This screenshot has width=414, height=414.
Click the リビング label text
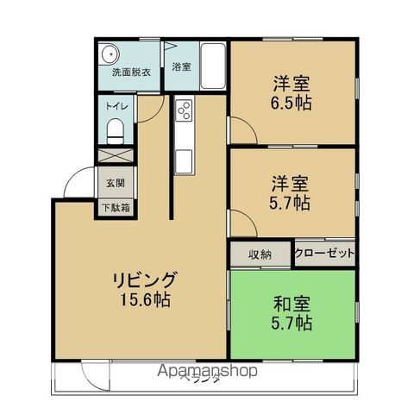coord(144,280)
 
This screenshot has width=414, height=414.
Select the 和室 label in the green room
coord(292,304)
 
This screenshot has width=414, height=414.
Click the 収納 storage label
coord(260,254)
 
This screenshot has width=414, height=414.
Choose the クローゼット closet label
coord(324,254)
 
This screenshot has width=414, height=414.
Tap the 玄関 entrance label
coord(116,183)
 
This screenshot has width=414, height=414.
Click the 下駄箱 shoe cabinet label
coord(116,207)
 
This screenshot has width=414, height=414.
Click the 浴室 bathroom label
coord(181,66)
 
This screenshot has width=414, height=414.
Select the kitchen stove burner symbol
coord(184,110)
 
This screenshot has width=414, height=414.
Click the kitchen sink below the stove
coord(183,159)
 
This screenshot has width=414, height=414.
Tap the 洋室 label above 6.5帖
coord(292,84)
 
